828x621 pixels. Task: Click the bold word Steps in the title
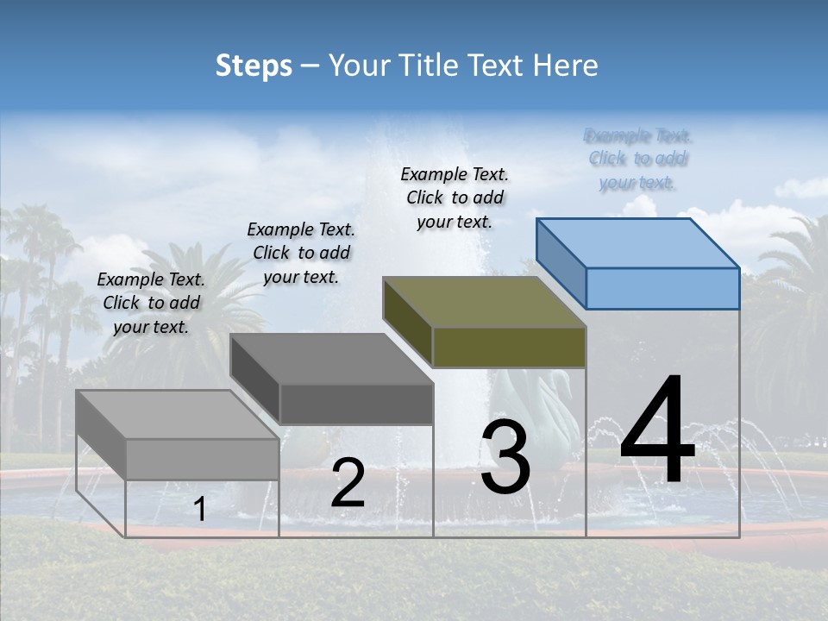[254, 66]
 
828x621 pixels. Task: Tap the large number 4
[657, 430]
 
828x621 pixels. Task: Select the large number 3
[505, 457]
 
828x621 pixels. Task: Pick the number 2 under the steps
[348, 483]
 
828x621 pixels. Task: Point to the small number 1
[199, 509]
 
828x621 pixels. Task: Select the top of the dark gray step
[331, 359]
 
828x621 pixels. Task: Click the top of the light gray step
[178, 415]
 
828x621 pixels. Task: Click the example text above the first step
[151, 303]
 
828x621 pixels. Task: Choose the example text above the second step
[301, 253]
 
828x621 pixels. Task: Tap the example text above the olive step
[455, 198]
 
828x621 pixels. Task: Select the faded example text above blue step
[638, 159]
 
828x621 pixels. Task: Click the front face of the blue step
[662, 288]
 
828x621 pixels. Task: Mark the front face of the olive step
[509, 347]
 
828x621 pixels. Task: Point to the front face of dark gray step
[356, 404]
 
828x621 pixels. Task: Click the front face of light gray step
[203, 459]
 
